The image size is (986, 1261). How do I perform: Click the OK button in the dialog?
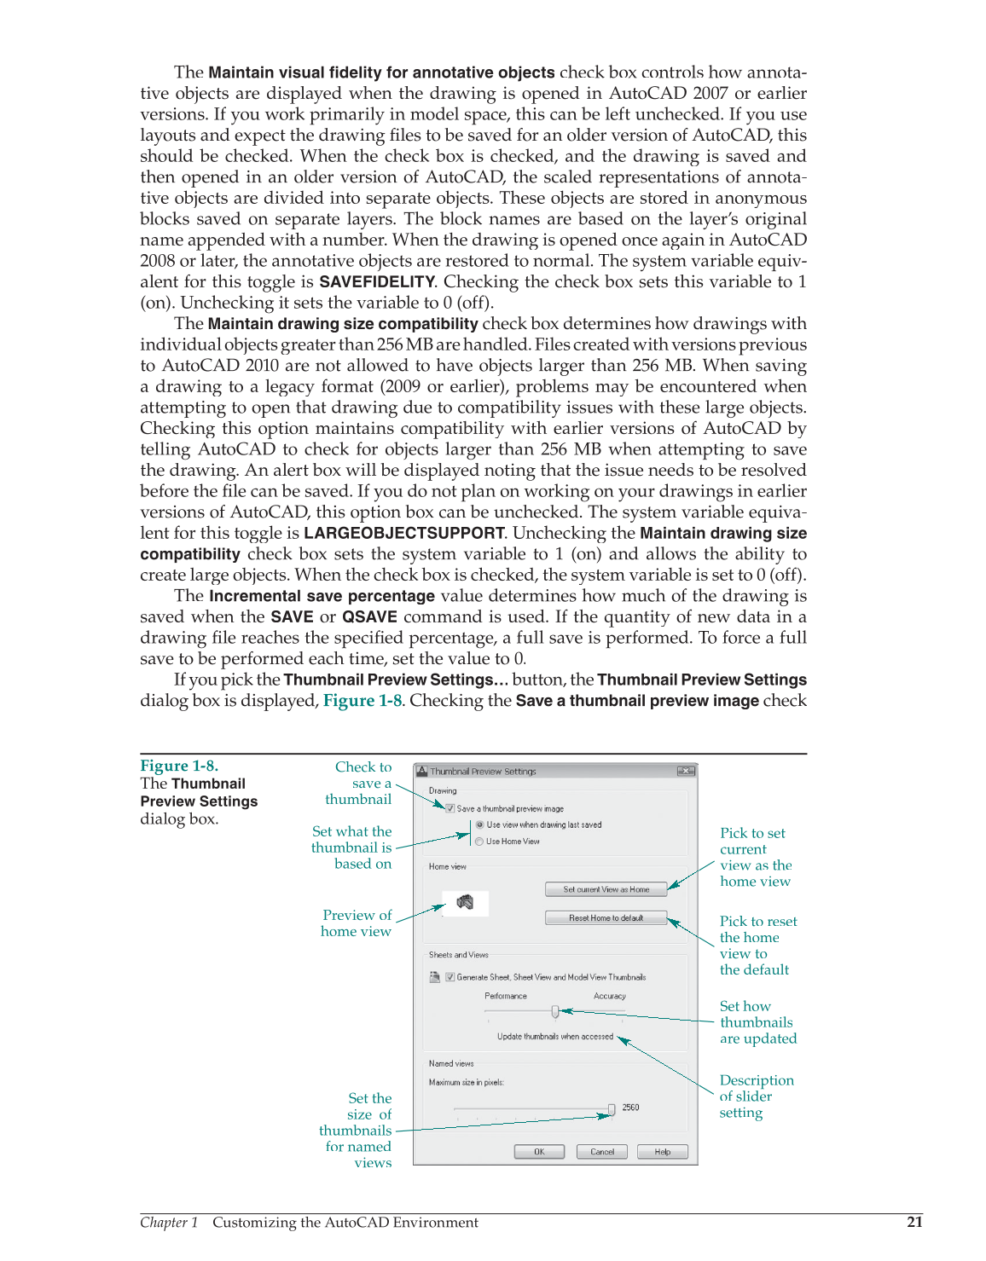539,1152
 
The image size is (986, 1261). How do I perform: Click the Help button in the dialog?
663,1152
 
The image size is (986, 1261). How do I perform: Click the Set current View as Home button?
606,889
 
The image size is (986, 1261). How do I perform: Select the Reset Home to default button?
606,918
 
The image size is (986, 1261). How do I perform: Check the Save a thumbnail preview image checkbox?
450,808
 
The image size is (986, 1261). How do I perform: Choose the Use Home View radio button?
479,842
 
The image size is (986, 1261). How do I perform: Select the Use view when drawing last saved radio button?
479,824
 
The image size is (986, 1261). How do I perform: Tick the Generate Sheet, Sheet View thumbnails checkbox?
450,977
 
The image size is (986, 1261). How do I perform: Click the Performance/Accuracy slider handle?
555,1012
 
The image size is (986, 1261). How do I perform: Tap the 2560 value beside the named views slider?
630,1108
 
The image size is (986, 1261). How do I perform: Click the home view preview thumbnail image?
465,903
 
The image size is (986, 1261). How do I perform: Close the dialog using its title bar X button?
686,771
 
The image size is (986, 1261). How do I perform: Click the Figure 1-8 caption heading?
179,766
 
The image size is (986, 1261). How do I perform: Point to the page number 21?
914,1222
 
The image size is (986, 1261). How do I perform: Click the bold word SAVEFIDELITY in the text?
376,282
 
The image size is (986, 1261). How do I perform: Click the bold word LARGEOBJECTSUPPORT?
404,534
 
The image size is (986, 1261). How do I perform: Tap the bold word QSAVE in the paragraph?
369,617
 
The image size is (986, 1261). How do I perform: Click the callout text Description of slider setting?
756,1096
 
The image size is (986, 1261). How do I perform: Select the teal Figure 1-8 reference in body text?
362,701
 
